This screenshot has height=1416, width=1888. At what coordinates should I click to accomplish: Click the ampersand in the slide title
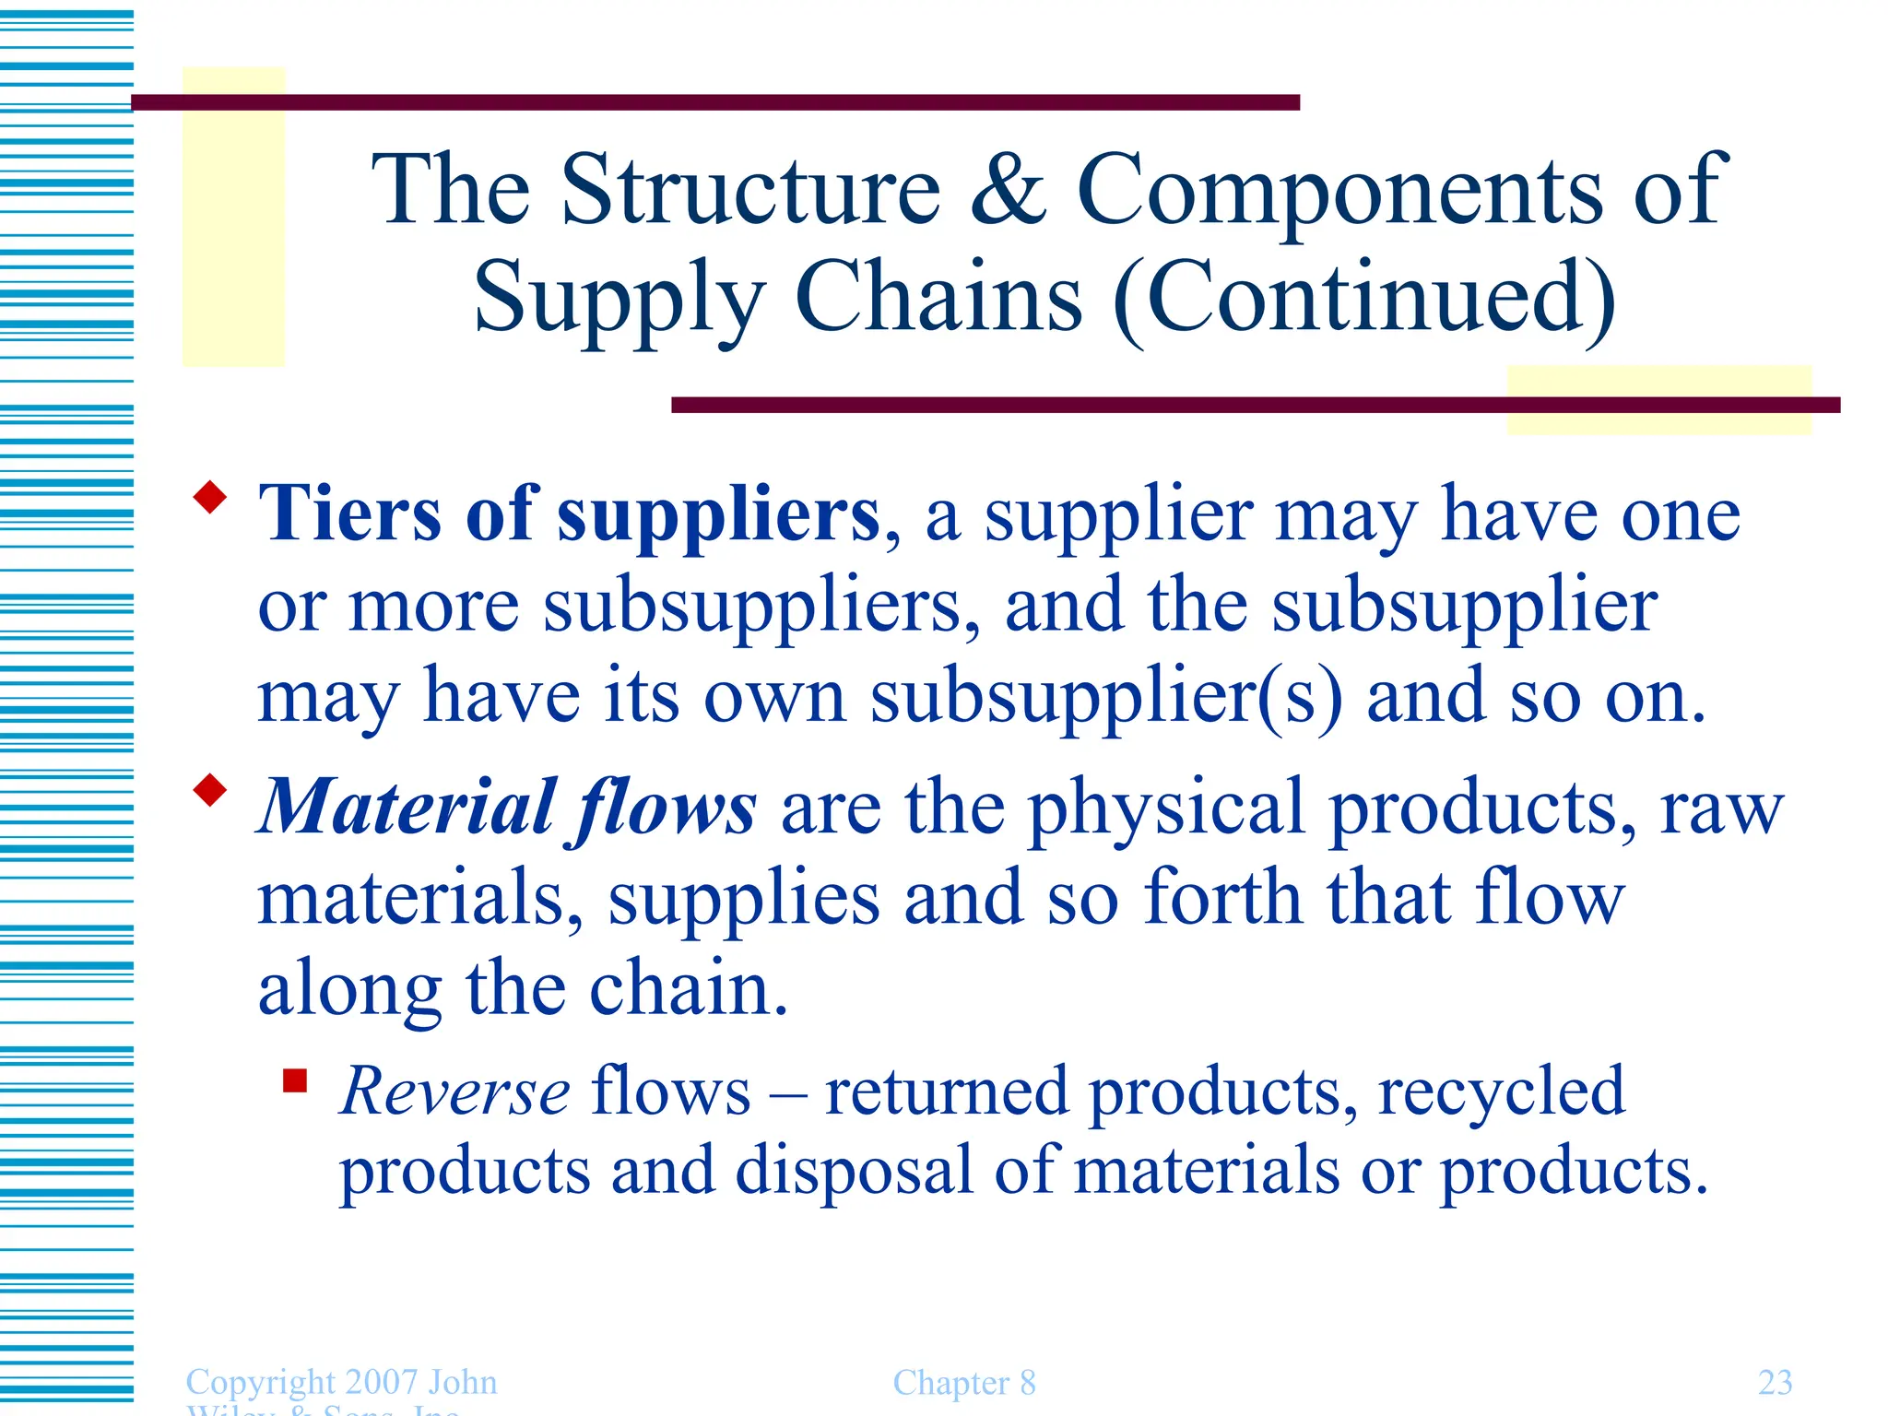pos(1009,189)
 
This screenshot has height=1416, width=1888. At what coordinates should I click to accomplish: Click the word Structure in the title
pos(751,189)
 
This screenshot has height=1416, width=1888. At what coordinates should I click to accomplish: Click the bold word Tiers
pos(349,513)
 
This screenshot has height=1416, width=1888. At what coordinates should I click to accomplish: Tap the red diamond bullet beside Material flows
pos(210,790)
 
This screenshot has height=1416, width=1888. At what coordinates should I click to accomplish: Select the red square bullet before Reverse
pos(295,1080)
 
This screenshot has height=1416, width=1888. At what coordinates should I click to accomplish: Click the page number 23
pos(1775,1382)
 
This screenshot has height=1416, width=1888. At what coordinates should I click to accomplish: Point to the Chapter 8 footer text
pos(964,1383)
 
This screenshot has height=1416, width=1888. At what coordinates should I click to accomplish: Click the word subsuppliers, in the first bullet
pos(761,608)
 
